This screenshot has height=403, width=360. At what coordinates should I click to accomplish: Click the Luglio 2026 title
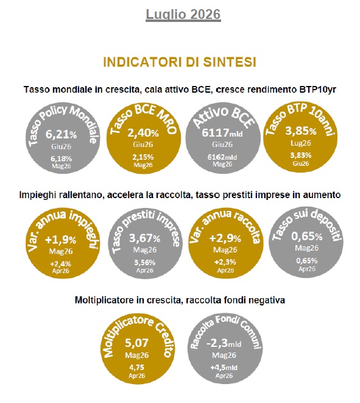click(x=183, y=14)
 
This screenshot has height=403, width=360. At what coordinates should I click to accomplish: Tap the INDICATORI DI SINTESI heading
click(x=180, y=62)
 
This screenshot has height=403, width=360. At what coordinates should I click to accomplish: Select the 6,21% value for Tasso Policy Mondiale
click(x=61, y=134)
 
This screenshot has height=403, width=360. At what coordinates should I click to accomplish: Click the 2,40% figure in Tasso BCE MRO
click(x=143, y=133)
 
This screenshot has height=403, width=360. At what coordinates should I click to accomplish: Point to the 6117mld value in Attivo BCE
click(x=222, y=133)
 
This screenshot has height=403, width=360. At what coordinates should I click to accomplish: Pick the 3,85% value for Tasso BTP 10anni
click(x=301, y=131)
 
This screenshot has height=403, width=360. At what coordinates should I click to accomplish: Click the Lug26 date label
click(x=301, y=143)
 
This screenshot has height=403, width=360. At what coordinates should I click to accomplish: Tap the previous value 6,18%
click(x=61, y=159)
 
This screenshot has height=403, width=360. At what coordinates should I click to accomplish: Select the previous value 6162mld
click(x=222, y=157)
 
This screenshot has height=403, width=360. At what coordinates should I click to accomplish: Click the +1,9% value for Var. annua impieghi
click(x=60, y=240)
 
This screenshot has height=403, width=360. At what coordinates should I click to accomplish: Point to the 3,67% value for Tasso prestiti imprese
click(x=144, y=238)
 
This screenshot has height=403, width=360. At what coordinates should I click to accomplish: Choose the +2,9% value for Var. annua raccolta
click(x=225, y=238)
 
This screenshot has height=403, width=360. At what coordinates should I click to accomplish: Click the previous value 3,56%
click(x=145, y=263)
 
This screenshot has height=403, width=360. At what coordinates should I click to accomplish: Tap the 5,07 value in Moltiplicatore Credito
click(x=136, y=343)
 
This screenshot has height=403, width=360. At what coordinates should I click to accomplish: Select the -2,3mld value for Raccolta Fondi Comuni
click(x=224, y=343)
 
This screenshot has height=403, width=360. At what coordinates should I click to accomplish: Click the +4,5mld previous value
click(x=224, y=368)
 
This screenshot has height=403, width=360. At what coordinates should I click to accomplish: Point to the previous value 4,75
click(x=136, y=367)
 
